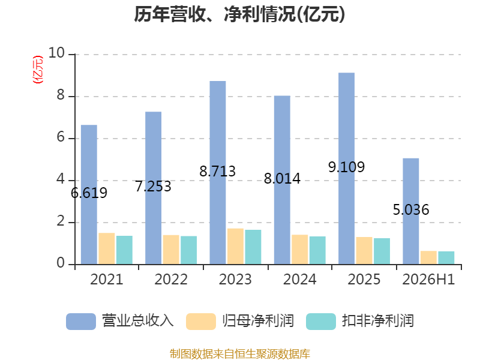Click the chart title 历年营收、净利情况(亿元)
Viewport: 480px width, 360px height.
(x=239, y=14)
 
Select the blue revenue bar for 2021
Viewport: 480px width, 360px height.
(x=89, y=194)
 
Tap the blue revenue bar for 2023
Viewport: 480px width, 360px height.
(x=218, y=173)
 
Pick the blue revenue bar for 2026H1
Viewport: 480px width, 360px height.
(x=411, y=211)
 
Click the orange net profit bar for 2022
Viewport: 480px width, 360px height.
(x=171, y=250)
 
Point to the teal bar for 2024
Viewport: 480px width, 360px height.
(x=317, y=250)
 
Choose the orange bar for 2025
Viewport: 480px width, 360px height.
(x=364, y=250)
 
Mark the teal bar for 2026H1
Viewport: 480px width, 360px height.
(x=446, y=258)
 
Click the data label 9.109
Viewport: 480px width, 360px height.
(x=347, y=167)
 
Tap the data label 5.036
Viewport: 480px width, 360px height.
(x=411, y=209)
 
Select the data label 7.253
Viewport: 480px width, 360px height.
(x=153, y=187)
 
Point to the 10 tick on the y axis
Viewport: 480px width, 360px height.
(x=56, y=53)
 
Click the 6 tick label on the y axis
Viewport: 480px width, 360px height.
(x=61, y=137)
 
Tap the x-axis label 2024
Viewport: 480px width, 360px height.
(x=299, y=279)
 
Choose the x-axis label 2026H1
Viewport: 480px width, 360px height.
(x=428, y=279)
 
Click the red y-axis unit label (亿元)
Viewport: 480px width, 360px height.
(x=38, y=70)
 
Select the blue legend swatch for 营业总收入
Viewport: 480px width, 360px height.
(x=81, y=322)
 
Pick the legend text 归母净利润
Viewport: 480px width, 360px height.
(x=258, y=321)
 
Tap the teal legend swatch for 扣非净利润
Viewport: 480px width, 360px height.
(x=321, y=322)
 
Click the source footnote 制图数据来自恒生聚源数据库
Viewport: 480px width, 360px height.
(x=240, y=353)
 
